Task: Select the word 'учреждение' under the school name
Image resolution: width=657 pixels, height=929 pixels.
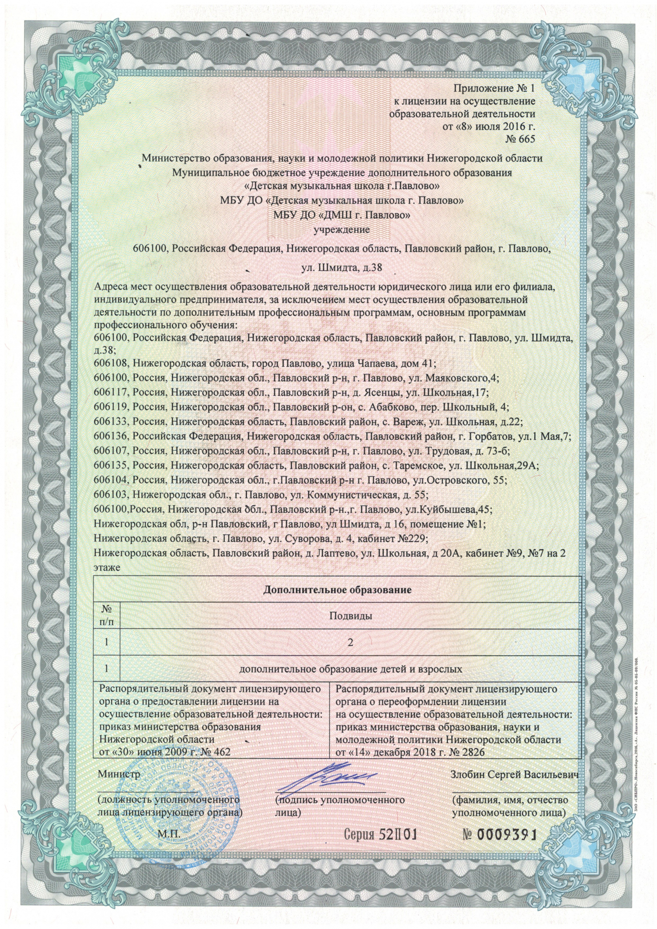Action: tap(342, 229)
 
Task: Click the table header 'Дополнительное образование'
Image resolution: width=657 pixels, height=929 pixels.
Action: tap(337, 590)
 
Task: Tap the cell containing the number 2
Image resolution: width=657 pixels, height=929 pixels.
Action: tap(350, 642)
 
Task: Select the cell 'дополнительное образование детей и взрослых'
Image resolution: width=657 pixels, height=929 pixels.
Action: tap(350, 669)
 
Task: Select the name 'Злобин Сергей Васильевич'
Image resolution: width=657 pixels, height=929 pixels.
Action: tap(514, 775)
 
